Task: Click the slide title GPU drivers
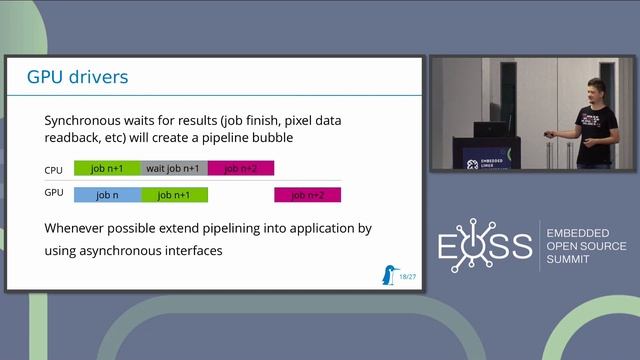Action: click(77, 76)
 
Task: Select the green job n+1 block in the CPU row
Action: click(108, 168)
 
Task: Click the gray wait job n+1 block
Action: click(174, 168)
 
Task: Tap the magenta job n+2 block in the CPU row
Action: click(241, 168)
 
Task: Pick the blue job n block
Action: click(108, 195)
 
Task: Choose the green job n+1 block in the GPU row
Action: click(174, 195)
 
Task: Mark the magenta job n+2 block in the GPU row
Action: click(308, 195)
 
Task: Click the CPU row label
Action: click(54, 170)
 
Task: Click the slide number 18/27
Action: click(408, 276)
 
